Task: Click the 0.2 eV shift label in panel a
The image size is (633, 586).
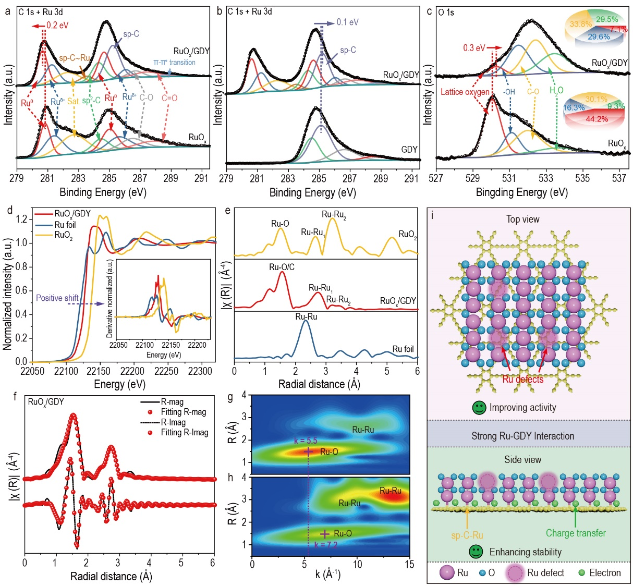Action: tap(57, 25)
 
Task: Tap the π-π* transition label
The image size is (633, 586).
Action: tap(174, 63)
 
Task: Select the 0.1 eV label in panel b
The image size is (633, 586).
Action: tap(347, 22)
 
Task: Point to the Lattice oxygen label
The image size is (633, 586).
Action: tap(465, 92)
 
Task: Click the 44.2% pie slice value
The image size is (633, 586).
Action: tap(597, 119)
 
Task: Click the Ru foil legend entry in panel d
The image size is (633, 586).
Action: tap(65, 225)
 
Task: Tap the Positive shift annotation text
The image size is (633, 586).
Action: tap(57, 298)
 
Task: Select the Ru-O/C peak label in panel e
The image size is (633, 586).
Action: tap(282, 267)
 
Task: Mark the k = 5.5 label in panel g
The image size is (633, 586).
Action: tap(306, 441)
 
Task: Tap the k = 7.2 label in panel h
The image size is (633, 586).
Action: tap(326, 545)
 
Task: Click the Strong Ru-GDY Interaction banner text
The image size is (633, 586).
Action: tap(522, 436)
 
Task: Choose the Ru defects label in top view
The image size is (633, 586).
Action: tap(522, 379)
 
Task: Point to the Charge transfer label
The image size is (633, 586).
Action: tap(576, 533)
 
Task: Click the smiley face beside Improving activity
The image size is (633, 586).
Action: tap(479, 408)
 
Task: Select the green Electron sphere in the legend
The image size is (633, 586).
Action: tap(581, 572)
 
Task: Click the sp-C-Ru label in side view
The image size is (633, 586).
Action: tap(467, 535)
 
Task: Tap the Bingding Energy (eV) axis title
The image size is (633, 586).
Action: tap(521, 192)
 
